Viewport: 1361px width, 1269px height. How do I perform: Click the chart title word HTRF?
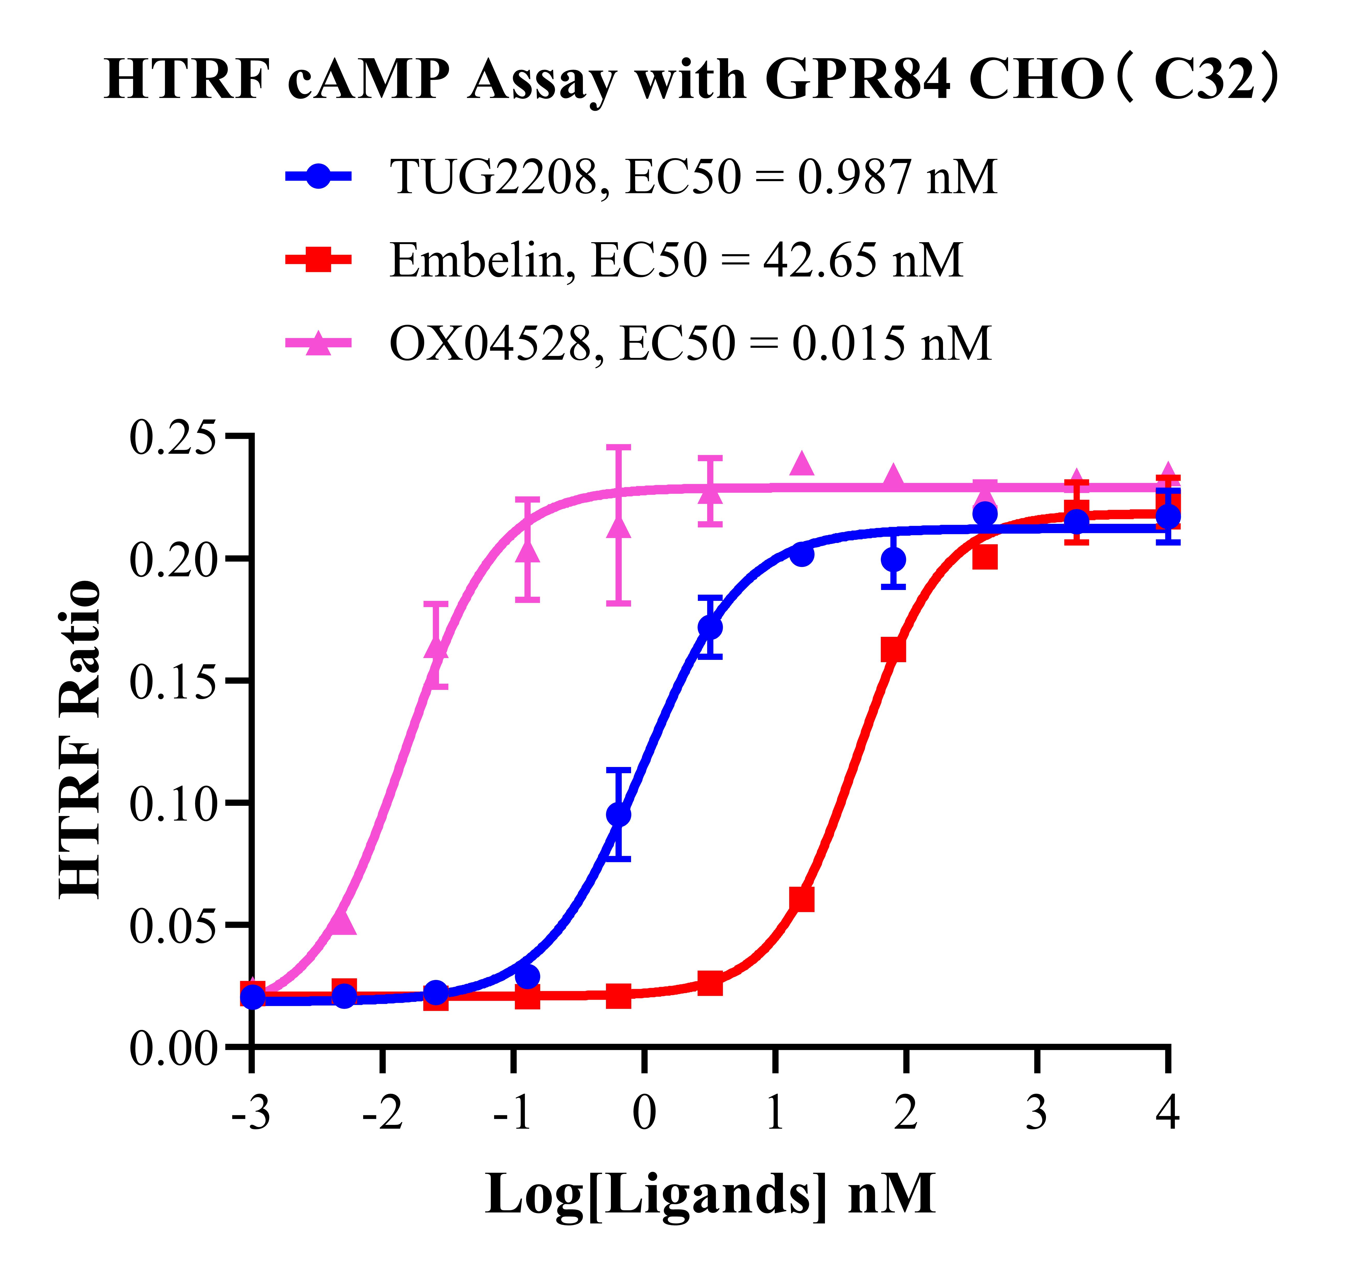pos(185,81)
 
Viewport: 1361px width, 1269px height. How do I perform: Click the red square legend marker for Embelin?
pos(318,260)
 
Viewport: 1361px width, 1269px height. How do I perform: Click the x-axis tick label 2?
pos(906,1114)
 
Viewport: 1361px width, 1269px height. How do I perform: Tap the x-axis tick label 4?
pos(1167,1114)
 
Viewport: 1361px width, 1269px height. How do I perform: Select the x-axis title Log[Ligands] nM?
pos(710,1194)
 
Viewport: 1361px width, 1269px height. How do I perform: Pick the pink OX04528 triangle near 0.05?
pos(342,922)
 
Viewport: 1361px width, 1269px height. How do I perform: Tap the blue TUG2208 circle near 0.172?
pos(710,627)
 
